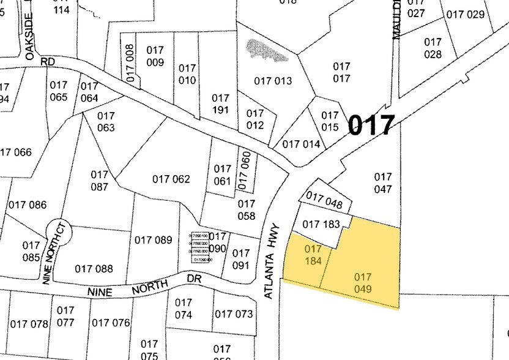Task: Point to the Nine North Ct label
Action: [x=54, y=253]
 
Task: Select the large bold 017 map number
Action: [x=371, y=125]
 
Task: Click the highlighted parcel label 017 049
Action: [x=363, y=283]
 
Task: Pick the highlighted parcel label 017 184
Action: [x=313, y=255]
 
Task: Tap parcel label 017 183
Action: [x=321, y=225]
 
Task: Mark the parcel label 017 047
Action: [x=382, y=183]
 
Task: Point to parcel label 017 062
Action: [x=171, y=179]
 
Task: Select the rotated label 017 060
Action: [x=245, y=170]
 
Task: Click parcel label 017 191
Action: [x=220, y=103]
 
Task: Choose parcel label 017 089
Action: [x=153, y=240]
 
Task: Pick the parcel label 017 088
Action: [x=94, y=268]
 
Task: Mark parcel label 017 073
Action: [x=233, y=314]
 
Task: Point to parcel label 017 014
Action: [x=300, y=144]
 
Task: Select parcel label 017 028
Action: [x=433, y=48]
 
